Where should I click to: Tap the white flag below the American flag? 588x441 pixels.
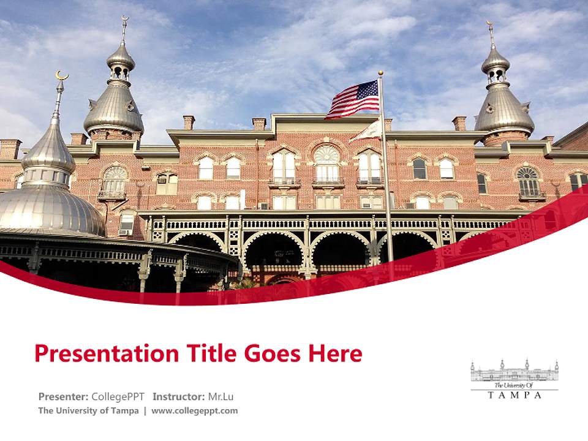pos(368,130)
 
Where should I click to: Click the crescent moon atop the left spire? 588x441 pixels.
pos(61,75)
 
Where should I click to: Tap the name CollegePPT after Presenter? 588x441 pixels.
pos(118,396)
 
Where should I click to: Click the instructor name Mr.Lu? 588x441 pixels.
pos(221,396)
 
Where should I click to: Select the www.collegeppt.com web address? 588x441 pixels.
pos(194,410)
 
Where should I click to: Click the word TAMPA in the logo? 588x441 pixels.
pos(514,395)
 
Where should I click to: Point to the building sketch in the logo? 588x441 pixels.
pos(514,371)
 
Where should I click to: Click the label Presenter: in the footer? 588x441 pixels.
pos(63,396)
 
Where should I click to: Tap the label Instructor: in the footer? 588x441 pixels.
pos(178,396)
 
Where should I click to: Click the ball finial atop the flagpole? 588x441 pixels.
pos(380,73)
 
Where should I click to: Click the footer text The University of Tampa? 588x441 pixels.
pos(88,410)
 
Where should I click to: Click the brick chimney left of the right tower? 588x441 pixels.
pos(459,123)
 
